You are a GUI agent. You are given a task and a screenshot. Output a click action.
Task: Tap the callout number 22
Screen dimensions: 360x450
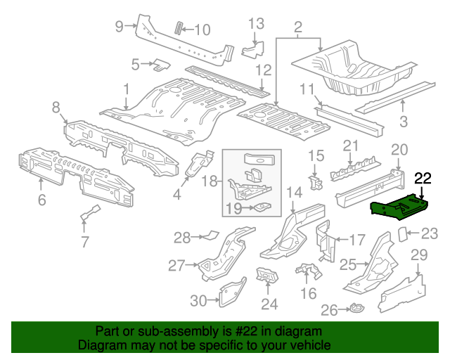click(424, 179)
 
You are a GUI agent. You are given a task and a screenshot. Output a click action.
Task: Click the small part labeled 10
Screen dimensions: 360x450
click(179, 27)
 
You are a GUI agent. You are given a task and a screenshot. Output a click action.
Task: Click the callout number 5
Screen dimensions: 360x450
click(135, 64)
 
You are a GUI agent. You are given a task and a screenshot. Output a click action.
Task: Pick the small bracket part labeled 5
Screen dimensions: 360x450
click(161, 65)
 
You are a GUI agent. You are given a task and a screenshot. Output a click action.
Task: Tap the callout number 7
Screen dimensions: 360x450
click(84, 243)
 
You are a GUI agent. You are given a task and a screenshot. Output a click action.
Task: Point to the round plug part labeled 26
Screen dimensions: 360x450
click(356, 308)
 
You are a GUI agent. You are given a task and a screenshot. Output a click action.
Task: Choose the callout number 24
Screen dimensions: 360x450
click(269, 304)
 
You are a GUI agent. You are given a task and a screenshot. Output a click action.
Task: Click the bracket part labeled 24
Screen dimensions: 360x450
click(266, 277)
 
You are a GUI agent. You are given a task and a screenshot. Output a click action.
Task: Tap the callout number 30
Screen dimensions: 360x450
click(199, 301)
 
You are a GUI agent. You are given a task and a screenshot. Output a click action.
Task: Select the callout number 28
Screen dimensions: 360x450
click(182, 238)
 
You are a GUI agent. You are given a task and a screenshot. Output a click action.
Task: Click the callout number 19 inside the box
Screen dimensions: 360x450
click(233, 207)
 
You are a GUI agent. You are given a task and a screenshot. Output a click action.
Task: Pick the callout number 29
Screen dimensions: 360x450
click(419, 255)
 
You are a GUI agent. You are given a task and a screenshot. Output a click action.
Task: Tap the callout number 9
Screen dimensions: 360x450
click(120, 27)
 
